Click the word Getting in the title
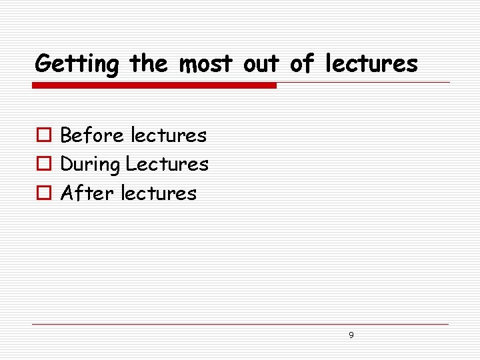pos(77,65)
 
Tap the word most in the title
pos(205,63)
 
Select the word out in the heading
pos(263,63)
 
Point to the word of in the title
pos(301,63)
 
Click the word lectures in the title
pos(371,63)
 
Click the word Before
pos(92,135)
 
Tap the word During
pos(90,165)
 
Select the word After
pos(83,193)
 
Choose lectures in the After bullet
pos(159,193)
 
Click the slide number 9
pos(351,335)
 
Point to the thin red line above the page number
pos(240,325)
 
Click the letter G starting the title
pos(43,63)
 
